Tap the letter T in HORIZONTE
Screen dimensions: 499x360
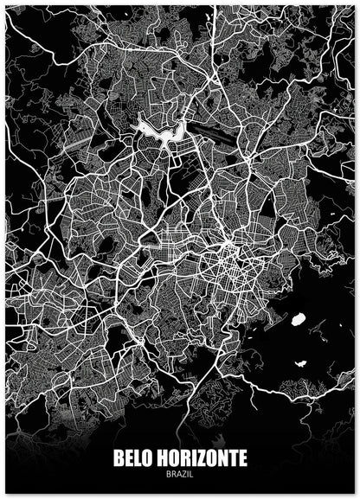(x=230, y=456)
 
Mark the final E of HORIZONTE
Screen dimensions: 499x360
(x=241, y=456)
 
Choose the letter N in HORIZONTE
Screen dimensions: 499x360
(x=219, y=456)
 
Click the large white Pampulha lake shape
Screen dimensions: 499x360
(x=161, y=131)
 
